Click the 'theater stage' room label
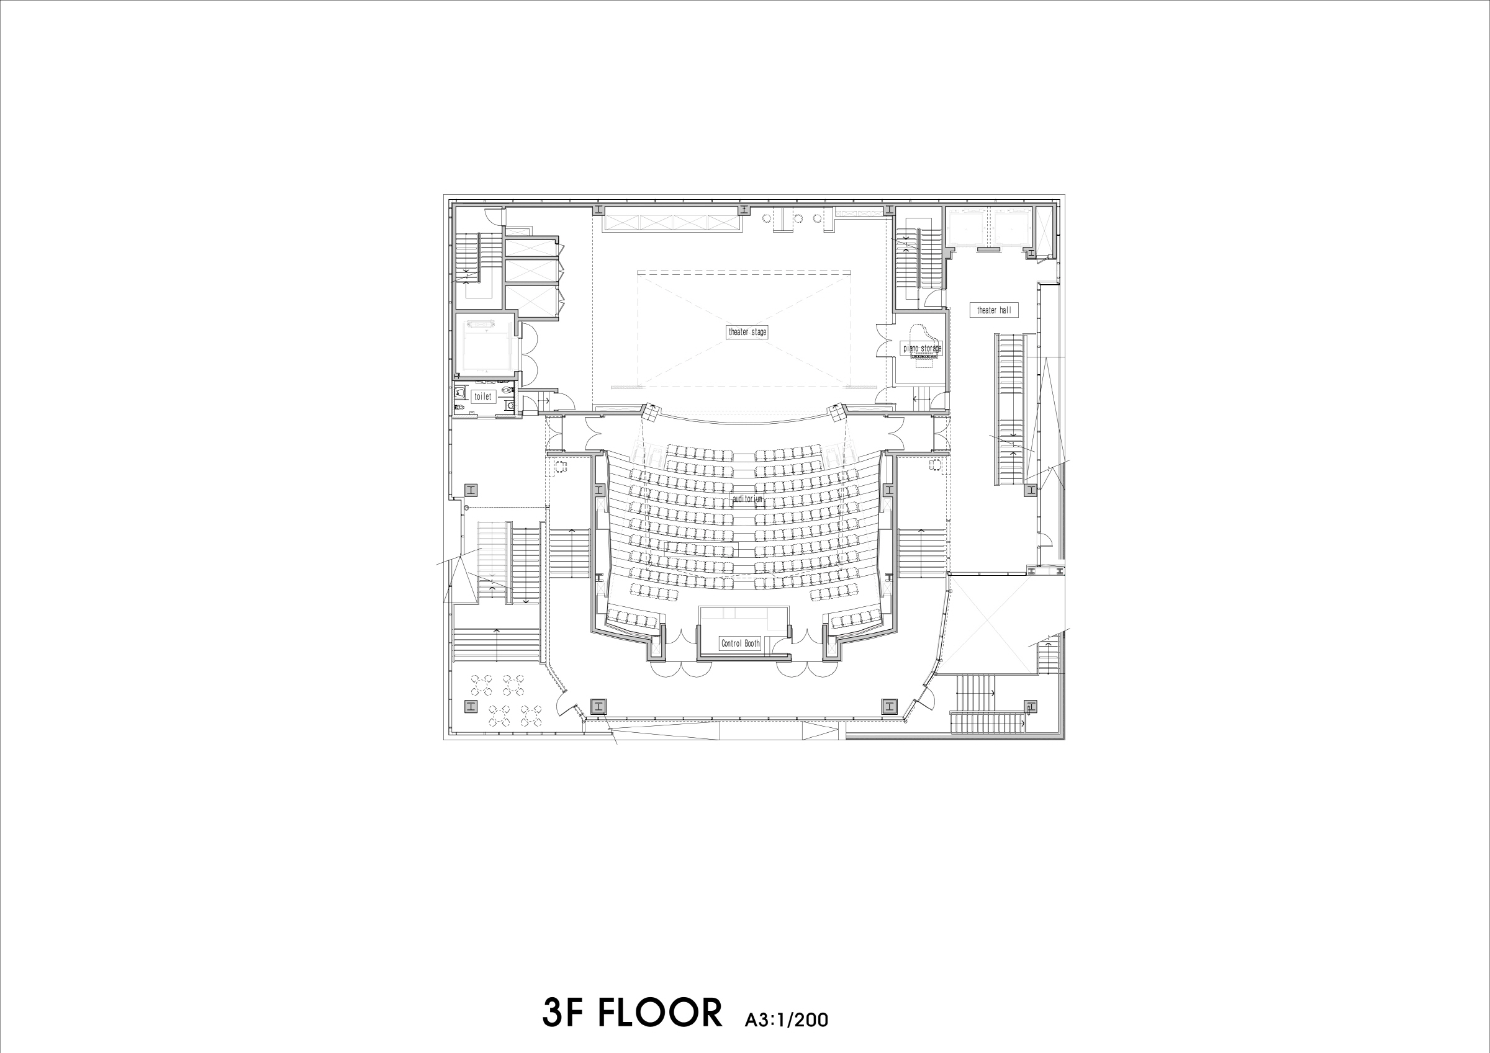point(747,332)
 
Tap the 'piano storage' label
point(922,348)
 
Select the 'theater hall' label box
point(993,310)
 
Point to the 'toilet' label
point(483,397)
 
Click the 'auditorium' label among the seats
point(747,500)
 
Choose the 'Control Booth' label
point(740,643)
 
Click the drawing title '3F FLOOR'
point(631,1013)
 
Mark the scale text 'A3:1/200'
point(787,1021)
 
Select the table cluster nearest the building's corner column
point(483,682)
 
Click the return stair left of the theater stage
point(478,259)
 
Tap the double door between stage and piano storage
point(885,341)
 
